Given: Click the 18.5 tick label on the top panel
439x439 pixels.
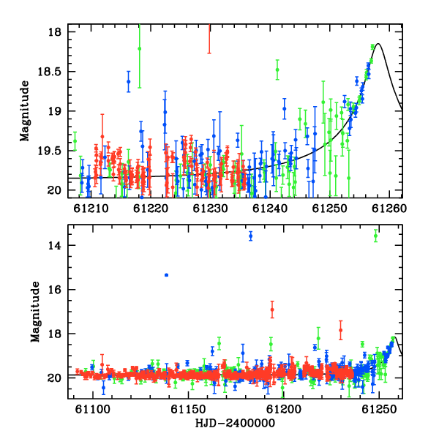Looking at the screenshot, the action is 49,72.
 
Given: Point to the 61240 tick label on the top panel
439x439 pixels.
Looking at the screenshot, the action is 270,209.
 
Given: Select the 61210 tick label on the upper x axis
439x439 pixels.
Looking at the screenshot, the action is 91,209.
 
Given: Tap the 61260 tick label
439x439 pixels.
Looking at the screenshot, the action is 389,209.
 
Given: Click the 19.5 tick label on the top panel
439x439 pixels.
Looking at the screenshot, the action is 49,151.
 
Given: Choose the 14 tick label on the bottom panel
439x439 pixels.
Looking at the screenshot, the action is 54,246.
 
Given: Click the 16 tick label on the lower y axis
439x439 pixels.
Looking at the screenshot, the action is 54,290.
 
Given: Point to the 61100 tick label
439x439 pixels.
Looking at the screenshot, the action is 93,410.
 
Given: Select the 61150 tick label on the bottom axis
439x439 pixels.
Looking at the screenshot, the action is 188,410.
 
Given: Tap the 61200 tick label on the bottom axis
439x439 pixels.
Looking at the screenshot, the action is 284,410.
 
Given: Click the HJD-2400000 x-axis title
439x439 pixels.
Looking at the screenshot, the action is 235,423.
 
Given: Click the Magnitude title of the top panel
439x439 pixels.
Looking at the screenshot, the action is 25,111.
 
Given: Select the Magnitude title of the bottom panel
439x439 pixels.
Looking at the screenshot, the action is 35,312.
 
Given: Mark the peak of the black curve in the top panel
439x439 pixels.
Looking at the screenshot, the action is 378,43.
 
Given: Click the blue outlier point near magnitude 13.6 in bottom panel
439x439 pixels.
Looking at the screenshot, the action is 250,236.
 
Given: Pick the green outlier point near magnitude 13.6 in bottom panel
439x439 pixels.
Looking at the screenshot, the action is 375,236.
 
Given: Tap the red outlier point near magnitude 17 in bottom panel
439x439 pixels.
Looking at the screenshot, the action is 272,309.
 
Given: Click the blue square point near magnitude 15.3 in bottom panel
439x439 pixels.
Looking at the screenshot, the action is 167,275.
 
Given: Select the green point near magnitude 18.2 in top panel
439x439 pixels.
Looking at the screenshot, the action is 140,49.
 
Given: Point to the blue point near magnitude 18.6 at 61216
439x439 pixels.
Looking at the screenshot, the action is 129,81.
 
